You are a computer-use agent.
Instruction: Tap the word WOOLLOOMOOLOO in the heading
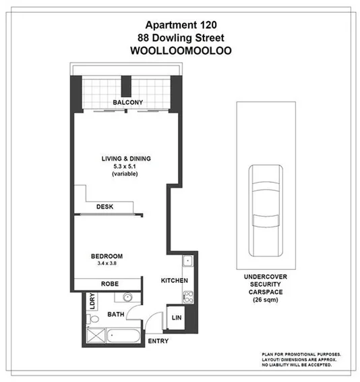[181, 53]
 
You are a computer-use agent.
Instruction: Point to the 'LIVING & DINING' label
[126, 159]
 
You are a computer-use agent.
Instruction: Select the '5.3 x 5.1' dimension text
[126, 166]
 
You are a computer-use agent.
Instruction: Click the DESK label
[104, 207]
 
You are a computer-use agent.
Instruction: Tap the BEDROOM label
[107, 256]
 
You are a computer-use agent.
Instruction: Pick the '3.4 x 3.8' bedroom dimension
[107, 263]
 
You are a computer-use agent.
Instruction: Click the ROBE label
[110, 285]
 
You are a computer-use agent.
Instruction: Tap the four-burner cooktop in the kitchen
[188, 296]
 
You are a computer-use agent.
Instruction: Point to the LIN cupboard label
[177, 317]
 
